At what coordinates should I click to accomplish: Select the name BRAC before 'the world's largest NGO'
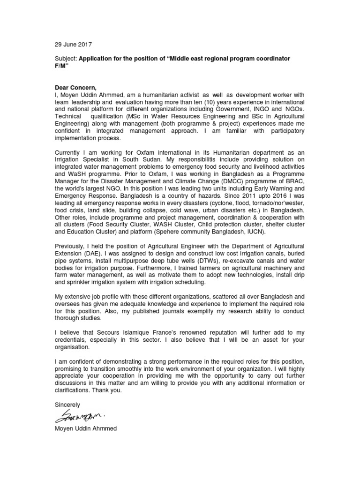point(296,182)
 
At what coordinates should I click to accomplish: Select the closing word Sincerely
point(67,404)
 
